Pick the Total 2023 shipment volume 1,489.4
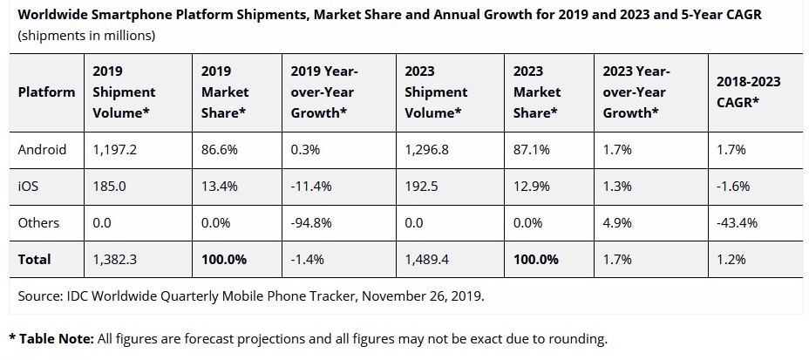(x=426, y=259)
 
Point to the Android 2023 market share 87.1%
(x=531, y=149)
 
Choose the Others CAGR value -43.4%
(x=737, y=222)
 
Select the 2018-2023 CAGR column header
(x=747, y=92)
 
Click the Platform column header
(x=46, y=92)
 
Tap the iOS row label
(x=29, y=186)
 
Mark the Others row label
(x=38, y=222)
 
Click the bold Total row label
(x=35, y=259)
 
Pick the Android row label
(x=42, y=149)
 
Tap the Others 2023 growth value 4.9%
(x=617, y=222)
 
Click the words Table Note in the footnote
(x=55, y=338)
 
